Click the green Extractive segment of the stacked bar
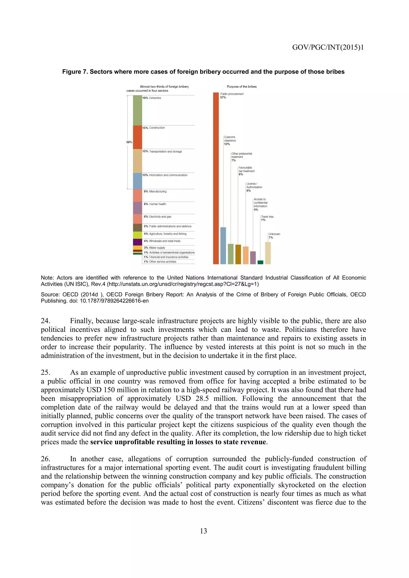[x=138, y=110]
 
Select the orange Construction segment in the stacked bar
[x=138, y=137]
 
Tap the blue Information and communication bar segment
[x=138, y=181]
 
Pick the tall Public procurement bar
[x=216, y=178]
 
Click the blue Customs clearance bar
[x=223, y=245]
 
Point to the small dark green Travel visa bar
[x=260, y=262]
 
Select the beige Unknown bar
[x=268, y=253]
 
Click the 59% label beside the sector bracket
[x=129, y=142]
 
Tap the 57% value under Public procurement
[x=223, y=97]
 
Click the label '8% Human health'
[x=155, y=204]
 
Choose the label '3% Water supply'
[x=154, y=248]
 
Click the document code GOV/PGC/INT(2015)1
[x=328, y=47]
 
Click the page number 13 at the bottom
[x=204, y=531]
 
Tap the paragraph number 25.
[x=45, y=373]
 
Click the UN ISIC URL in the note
[x=183, y=284]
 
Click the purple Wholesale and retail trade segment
[x=138, y=242]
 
